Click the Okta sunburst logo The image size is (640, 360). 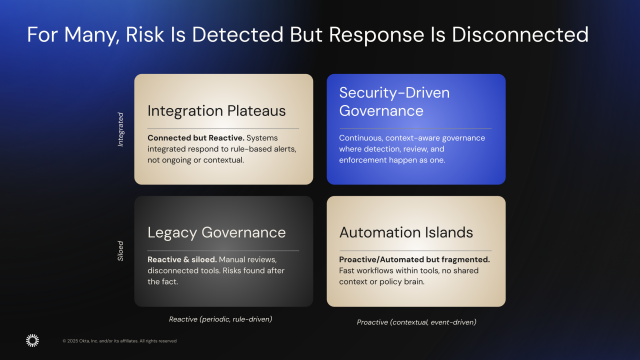point(32,340)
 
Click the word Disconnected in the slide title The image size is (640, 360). point(520,34)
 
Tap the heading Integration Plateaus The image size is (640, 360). point(216,110)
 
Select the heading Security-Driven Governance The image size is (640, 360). point(394,101)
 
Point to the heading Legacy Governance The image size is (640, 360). point(216,232)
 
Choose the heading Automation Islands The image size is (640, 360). point(406,232)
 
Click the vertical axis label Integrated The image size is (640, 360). point(120,129)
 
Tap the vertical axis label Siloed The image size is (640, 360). point(120,251)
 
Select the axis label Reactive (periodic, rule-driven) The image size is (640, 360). point(220,319)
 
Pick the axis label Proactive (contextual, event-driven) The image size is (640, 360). point(416,322)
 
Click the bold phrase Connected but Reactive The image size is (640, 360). point(195,138)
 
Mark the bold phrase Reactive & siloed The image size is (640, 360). point(182,259)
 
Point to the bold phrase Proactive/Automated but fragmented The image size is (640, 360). point(414,259)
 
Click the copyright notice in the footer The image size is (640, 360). point(119,341)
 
